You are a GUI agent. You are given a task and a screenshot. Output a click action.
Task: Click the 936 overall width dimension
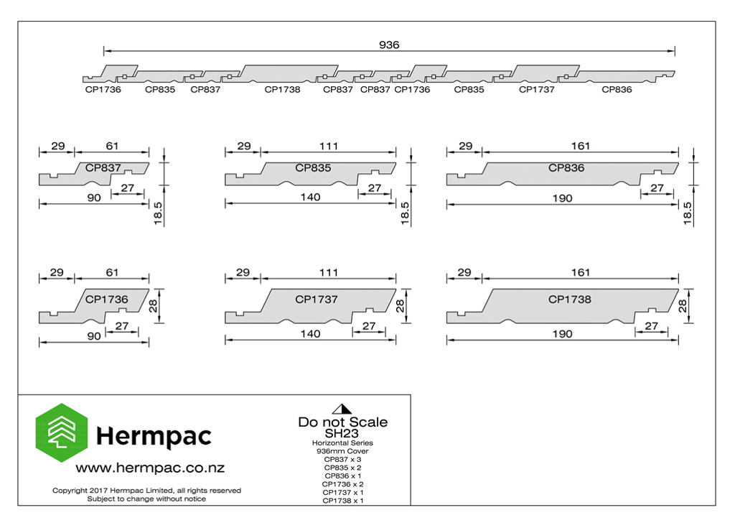point(389,45)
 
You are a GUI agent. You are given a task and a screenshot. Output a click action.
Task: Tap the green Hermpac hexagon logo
point(62,432)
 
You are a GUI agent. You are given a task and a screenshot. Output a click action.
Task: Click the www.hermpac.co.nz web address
point(150,468)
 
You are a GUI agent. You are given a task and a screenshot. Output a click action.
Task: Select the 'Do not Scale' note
point(342,422)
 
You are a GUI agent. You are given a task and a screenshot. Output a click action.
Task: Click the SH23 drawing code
point(342,433)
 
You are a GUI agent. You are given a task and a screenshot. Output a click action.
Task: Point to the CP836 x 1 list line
point(342,476)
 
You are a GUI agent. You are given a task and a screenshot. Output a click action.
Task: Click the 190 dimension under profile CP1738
point(562,334)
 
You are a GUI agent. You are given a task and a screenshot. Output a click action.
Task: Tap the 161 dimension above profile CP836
point(580,146)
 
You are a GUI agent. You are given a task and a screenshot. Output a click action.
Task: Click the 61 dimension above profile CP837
point(112,146)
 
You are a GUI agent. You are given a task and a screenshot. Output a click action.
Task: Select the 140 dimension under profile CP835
point(310,197)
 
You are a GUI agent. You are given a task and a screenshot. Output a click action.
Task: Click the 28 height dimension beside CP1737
point(400,306)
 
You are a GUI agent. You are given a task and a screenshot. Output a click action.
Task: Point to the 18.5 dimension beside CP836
point(687,213)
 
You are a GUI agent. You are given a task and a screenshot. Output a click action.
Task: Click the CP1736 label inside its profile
point(106,299)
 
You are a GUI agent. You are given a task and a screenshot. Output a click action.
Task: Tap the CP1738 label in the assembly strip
point(282,89)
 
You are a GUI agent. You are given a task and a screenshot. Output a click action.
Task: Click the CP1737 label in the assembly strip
point(536,89)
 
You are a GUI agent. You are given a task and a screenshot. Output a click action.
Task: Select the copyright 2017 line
point(146,490)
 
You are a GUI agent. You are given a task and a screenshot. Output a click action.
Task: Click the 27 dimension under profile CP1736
point(122,325)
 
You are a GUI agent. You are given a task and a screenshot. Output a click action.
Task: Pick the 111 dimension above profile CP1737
point(329,272)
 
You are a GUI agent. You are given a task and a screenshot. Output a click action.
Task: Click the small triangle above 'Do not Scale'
point(342,409)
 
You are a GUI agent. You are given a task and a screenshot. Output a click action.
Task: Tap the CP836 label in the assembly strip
point(617,89)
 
